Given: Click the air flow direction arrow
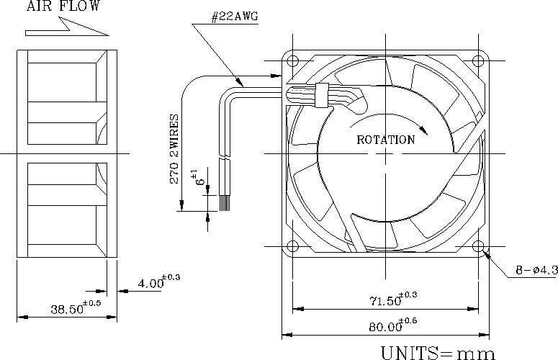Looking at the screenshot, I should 66,28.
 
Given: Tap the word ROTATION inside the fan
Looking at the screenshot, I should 386,140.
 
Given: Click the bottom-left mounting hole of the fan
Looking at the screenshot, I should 292,246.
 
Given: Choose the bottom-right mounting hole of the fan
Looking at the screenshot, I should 479,246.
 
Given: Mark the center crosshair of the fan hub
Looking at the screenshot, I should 386,153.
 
